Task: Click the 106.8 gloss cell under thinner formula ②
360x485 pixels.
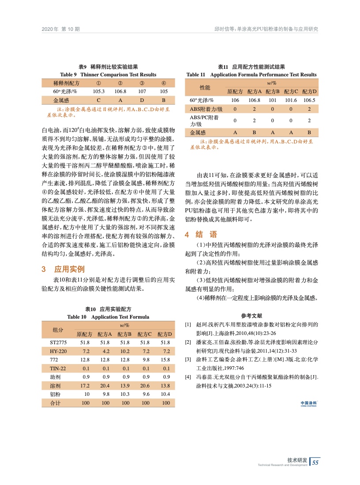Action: tap(120, 91)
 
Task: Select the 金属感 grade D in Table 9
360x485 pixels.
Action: tap(142, 100)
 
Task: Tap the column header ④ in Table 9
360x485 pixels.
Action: tap(163, 83)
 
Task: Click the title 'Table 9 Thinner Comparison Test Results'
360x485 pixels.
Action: tap(108, 75)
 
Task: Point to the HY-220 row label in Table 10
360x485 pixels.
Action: tap(58, 351)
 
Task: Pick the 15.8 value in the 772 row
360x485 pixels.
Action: tap(166, 360)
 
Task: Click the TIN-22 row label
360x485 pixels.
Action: tap(58, 368)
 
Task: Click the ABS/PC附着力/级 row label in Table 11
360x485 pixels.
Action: tap(204, 120)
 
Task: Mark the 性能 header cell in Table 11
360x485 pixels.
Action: tap(205, 87)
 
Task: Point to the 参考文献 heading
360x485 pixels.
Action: tap(252, 316)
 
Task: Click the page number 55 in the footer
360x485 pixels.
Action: tap(315, 462)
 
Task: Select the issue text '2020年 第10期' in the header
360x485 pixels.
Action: tap(60, 29)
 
